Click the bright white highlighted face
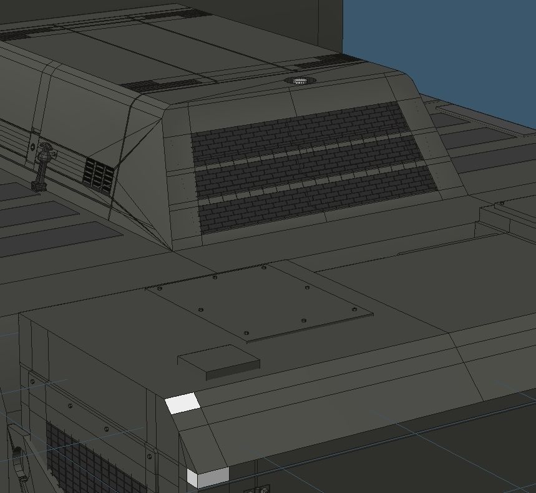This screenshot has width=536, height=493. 183,403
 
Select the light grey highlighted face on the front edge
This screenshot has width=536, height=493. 208,477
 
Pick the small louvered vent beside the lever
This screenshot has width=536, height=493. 99,174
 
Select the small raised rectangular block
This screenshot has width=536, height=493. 219,363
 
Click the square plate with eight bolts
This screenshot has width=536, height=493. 259,302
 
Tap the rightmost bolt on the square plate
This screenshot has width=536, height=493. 354,310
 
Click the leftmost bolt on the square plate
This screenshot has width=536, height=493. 159,289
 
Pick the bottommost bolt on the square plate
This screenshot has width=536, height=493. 246,332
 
